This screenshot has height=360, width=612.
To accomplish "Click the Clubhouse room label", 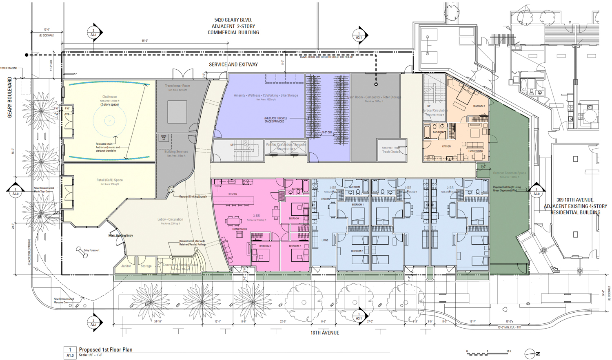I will tap(109, 97).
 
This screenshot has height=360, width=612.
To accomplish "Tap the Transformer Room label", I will tap(177, 86).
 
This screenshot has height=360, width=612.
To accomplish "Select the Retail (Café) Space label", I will tap(109, 180).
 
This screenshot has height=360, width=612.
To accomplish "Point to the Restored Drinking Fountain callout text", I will tap(193, 197).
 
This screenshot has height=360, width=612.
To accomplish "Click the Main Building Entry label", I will tap(120, 236).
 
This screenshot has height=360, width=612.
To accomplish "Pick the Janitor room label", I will tap(126, 266).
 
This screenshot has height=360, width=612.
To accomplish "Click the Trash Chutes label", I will tap(391, 152).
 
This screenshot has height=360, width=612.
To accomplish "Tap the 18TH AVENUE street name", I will tap(324, 333).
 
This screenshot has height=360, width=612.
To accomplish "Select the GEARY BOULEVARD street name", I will tap(9, 97).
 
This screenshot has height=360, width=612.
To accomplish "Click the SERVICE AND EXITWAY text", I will tap(233, 64).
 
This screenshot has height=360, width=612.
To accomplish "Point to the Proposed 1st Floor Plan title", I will tap(106, 349).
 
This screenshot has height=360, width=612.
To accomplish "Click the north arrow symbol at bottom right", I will tap(532, 353).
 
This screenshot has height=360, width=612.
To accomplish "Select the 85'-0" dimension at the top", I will tap(145, 41).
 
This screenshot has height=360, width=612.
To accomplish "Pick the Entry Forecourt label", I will tap(91, 250).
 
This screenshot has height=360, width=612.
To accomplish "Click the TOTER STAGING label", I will tap(9, 68).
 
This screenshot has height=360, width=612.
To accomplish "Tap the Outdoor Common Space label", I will tap(510, 173).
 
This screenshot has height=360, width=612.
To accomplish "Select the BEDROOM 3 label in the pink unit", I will tap(265, 246).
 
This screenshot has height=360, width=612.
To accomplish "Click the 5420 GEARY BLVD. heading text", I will tap(233, 20).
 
